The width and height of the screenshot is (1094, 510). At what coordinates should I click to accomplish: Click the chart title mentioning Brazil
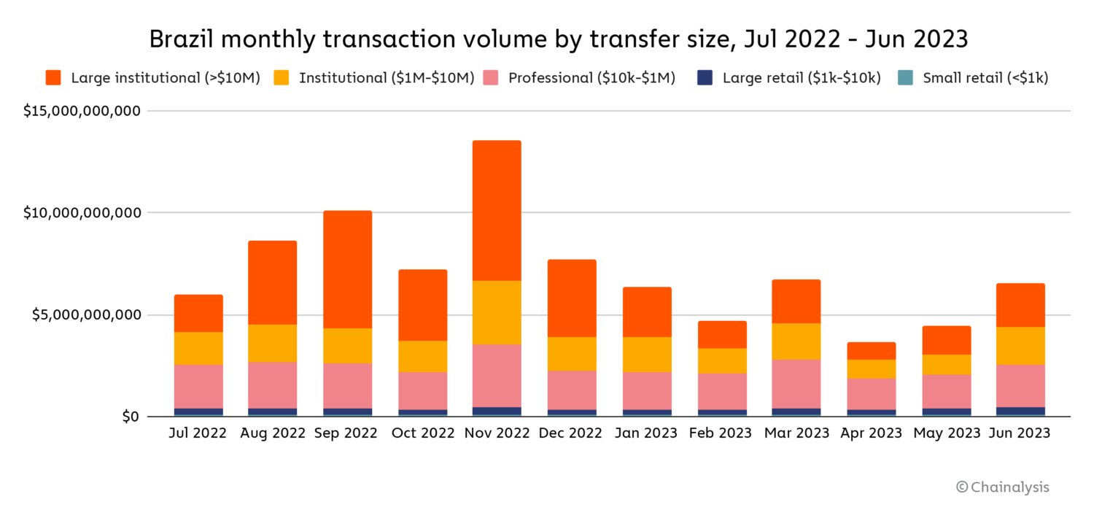(558, 39)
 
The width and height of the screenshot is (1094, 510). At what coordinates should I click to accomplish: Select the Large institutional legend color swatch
(53, 78)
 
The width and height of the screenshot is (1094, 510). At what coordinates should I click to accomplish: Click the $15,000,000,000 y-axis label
(81, 112)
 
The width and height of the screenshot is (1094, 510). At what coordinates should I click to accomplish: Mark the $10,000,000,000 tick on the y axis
(81, 213)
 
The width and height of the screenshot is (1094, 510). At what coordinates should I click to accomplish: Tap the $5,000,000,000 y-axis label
(85, 315)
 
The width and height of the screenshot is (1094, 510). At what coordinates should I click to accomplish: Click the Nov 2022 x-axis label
(497, 433)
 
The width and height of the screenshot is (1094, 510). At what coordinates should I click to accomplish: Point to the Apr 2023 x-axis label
(872, 433)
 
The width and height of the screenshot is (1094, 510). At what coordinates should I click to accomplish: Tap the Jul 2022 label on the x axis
(198, 433)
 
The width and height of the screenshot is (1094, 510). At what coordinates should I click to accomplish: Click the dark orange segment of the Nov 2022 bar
(497, 210)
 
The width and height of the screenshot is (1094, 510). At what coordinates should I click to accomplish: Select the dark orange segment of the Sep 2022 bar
(347, 269)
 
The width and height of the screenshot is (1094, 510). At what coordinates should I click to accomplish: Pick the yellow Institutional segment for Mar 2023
(796, 341)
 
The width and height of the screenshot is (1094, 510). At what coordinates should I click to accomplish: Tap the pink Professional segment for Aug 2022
(272, 385)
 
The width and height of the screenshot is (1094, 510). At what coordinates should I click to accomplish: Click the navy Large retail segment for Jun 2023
(1020, 412)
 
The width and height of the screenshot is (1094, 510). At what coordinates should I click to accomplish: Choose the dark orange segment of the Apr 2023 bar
(872, 351)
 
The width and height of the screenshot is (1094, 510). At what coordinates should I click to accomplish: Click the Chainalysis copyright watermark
(1003, 487)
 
